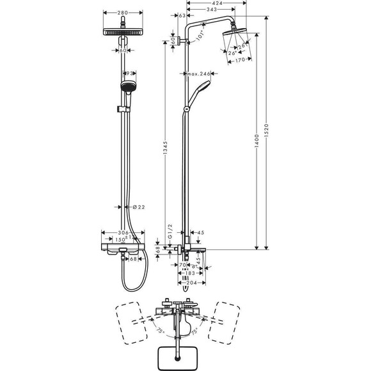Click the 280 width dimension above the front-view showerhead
click(124, 12)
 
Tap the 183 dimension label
click(187, 272)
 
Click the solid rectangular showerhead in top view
click(177, 356)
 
